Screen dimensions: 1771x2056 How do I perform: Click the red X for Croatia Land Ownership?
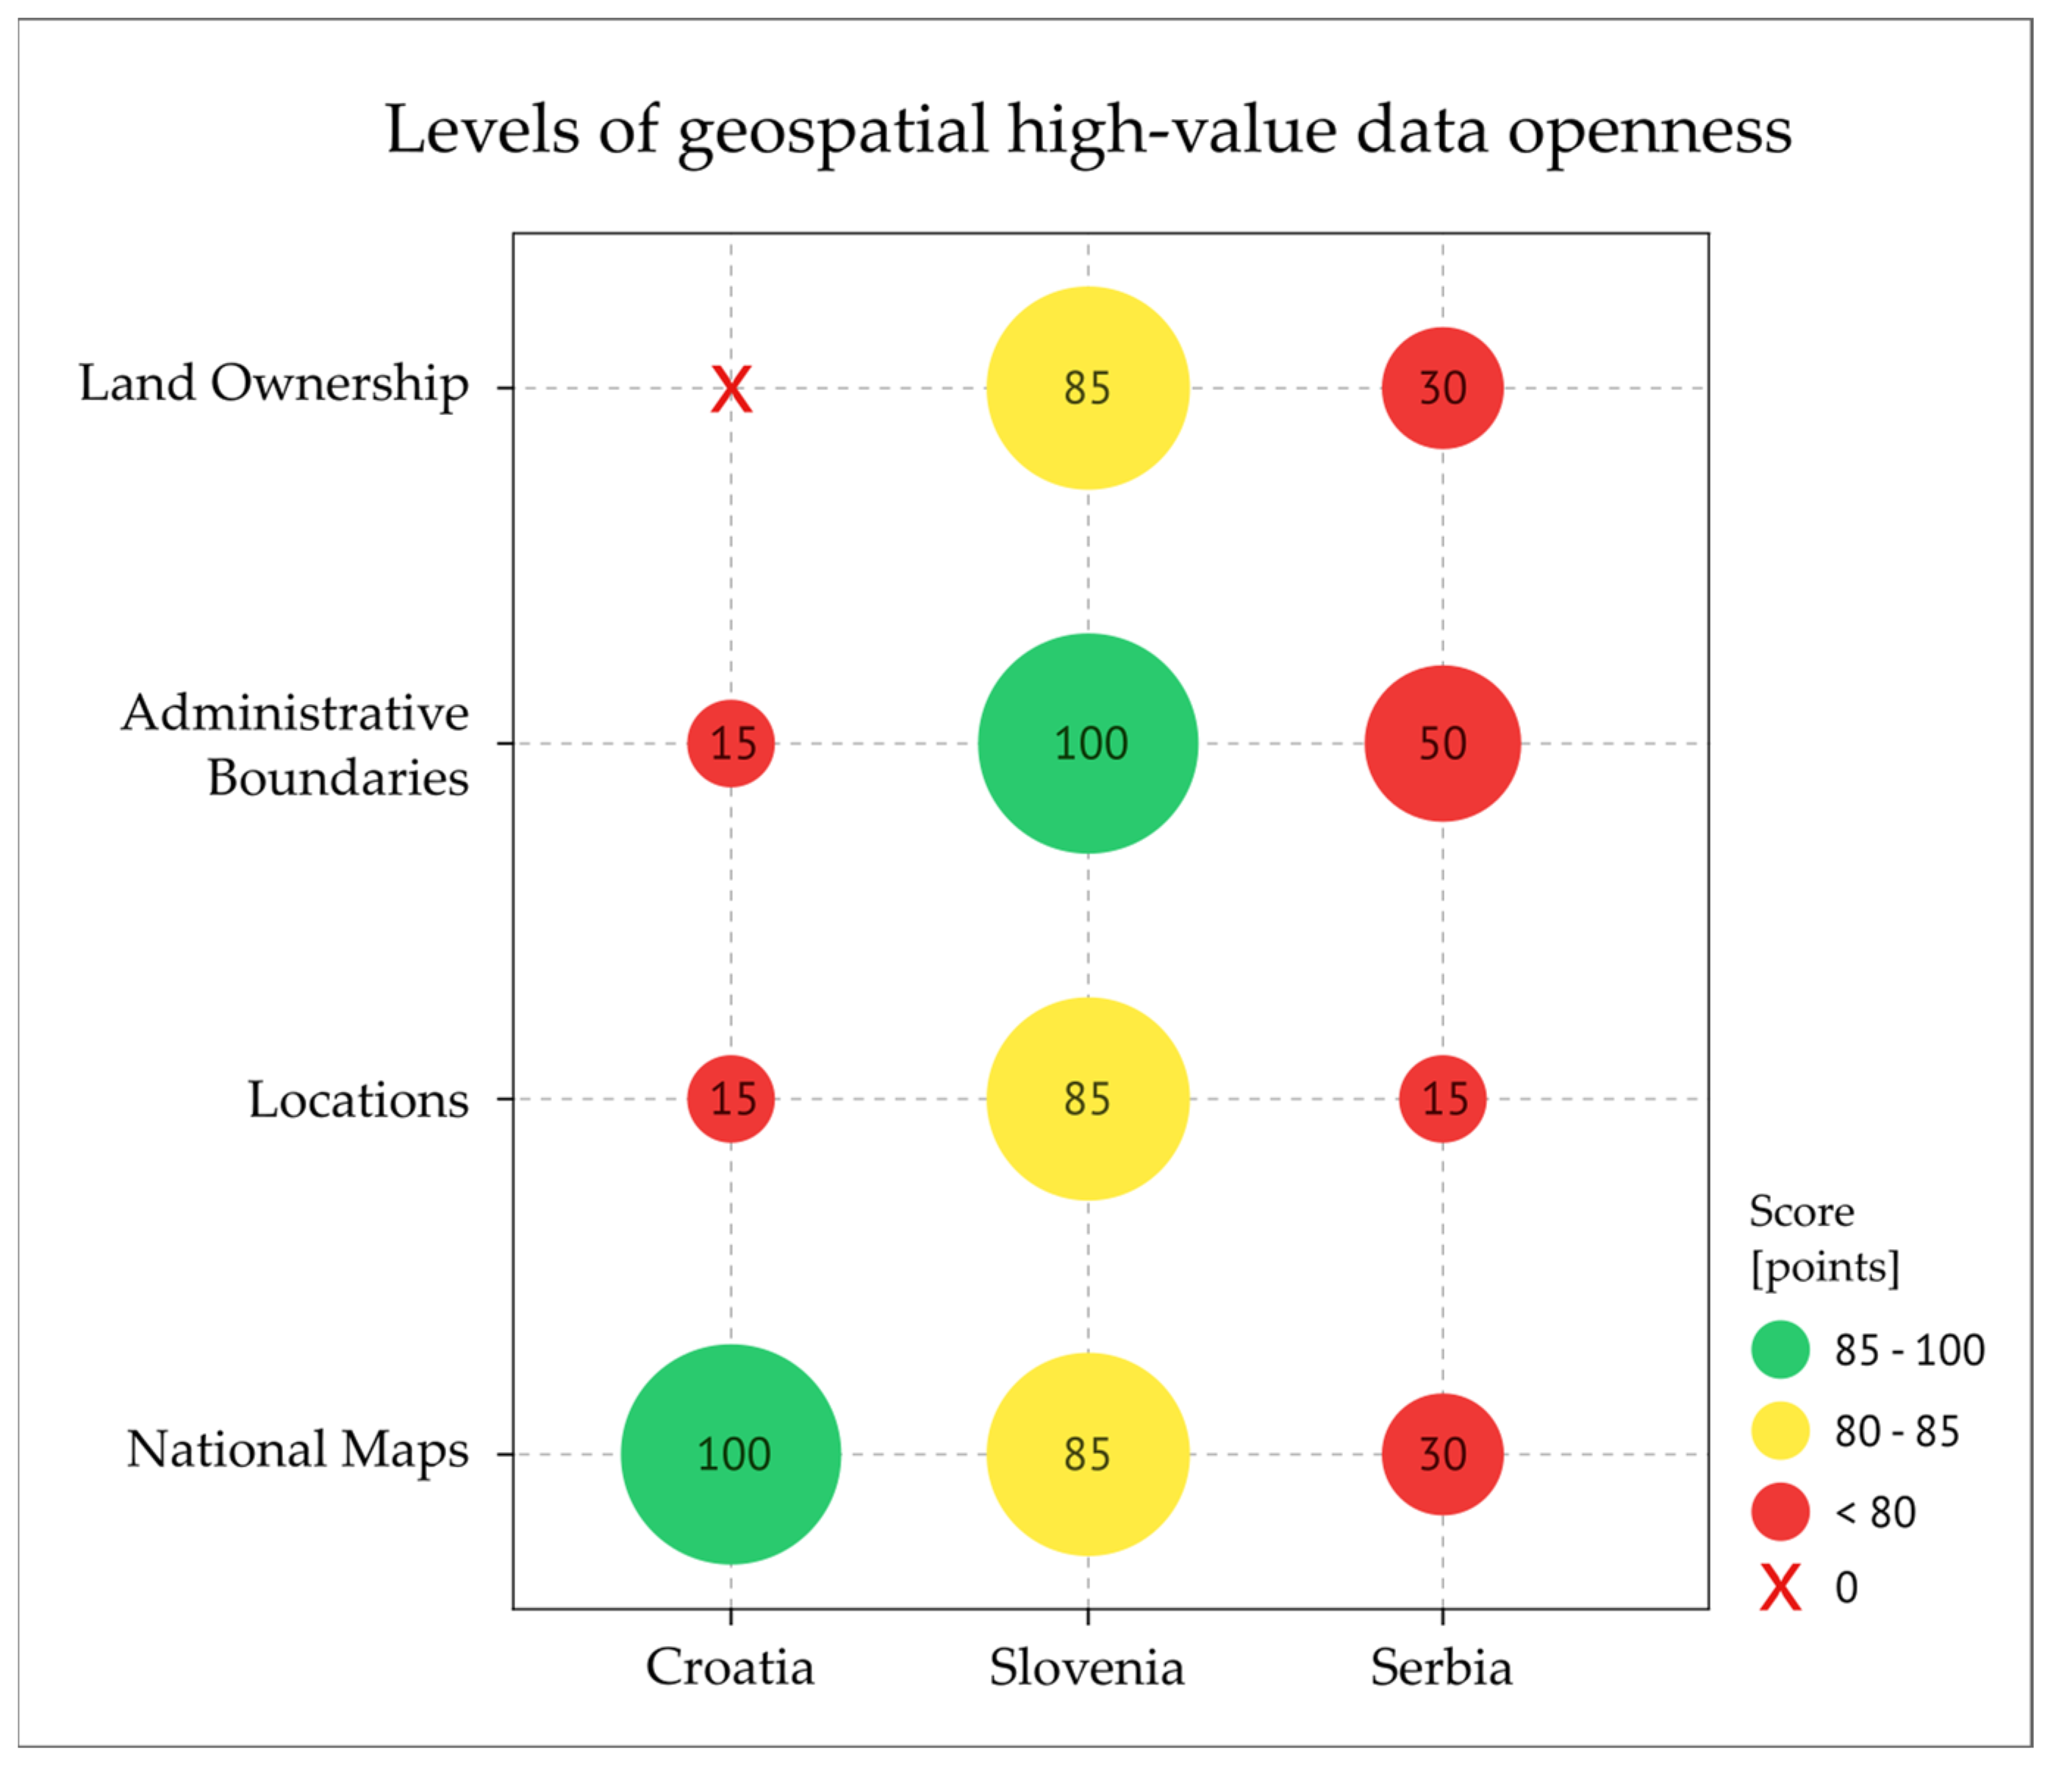tap(731, 389)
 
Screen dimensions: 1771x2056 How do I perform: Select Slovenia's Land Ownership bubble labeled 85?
tap(1087, 388)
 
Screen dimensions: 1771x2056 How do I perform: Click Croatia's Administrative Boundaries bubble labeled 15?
tap(731, 743)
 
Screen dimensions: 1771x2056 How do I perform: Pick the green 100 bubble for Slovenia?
tap(1087, 743)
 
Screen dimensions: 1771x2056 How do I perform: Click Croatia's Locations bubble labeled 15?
tap(731, 1099)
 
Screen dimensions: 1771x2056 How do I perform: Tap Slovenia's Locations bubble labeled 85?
tap(1087, 1099)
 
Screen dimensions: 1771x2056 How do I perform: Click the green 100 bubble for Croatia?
tap(731, 1454)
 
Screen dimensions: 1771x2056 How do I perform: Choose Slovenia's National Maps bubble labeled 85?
tap(1087, 1454)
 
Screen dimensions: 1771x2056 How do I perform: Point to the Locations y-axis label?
tap(358, 1099)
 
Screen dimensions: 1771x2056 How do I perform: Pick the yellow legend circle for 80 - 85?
tap(1780, 1431)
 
